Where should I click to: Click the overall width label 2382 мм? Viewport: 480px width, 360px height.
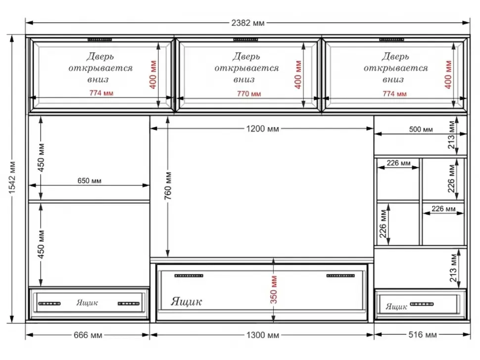[x=247, y=23]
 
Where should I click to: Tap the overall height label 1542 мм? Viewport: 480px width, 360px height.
[x=12, y=178]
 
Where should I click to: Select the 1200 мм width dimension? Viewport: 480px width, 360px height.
[x=262, y=129]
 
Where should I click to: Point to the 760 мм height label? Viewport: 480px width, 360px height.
[x=168, y=185]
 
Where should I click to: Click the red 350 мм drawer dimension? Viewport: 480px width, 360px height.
[x=274, y=290]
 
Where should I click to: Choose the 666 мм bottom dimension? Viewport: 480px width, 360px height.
[x=88, y=335]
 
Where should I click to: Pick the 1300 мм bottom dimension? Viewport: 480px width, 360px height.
[x=263, y=335]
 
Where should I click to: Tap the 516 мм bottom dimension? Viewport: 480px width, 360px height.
[x=423, y=335]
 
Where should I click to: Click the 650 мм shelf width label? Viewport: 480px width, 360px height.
[x=89, y=181]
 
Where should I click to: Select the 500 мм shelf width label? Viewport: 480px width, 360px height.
[x=421, y=130]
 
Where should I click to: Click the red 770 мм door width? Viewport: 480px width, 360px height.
[x=249, y=94]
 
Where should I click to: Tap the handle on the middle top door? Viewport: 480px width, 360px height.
[x=245, y=40]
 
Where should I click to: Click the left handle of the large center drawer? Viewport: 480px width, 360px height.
[x=189, y=275]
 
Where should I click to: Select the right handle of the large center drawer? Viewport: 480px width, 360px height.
[x=340, y=275]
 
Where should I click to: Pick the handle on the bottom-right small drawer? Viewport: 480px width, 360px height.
[x=422, y=304]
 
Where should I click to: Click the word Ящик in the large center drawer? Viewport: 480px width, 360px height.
[x=186, y=302]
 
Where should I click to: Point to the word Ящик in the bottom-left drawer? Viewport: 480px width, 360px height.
[x=87, y=303]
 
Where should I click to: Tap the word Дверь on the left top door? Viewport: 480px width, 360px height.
[x=100, y=56]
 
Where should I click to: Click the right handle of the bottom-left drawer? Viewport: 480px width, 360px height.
[x=129, y=304]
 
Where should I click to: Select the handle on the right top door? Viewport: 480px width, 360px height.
[x=391, y=40]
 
